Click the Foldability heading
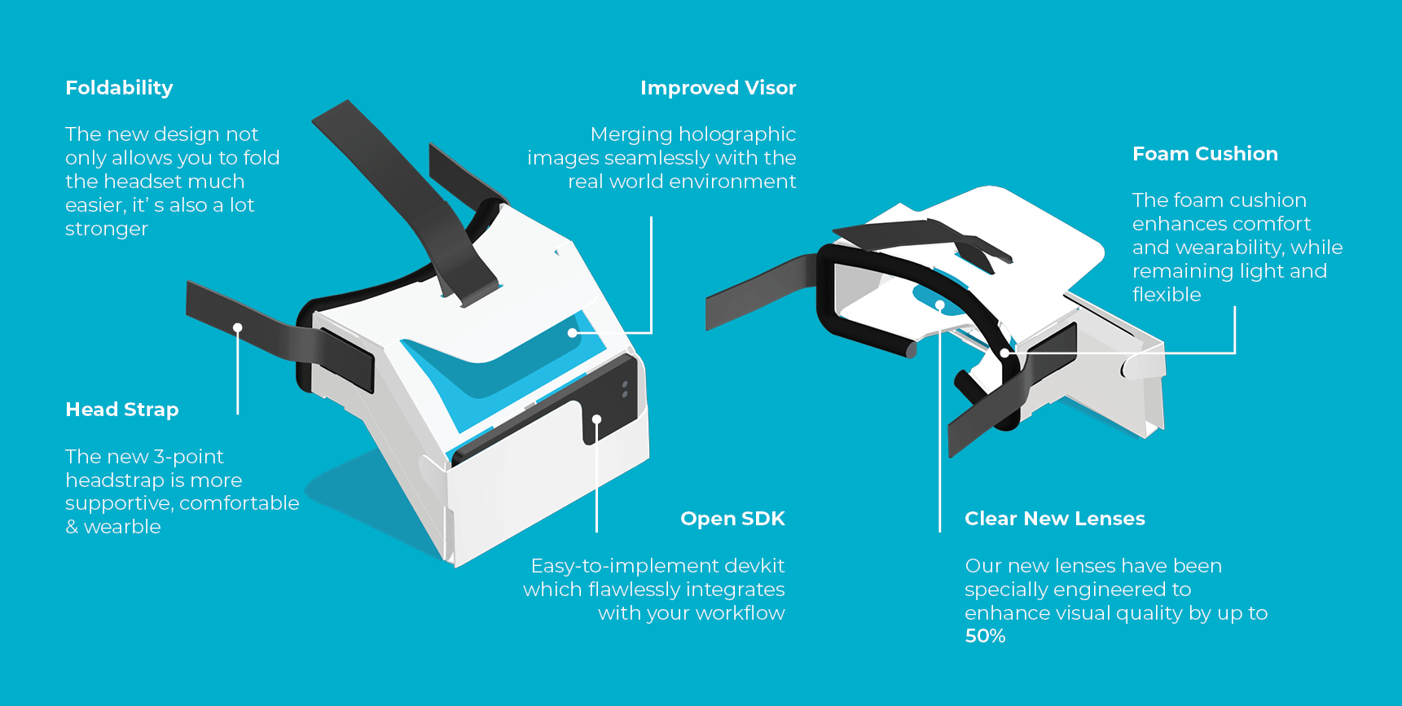pos(119,88)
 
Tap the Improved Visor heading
pos(718,88)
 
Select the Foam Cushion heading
pos(1205,154)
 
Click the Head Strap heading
pos(121,410)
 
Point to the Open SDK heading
pos(732,519)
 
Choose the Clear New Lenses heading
pos(1055,519)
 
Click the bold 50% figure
pos(985,636)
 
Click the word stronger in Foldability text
pos(107,230)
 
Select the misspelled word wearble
pos(122,527)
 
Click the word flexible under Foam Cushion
pos(1167,295)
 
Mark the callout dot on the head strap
pos(238,328)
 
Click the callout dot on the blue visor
pos(573,333)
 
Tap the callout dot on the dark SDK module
pos(596,419)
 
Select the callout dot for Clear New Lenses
pos(939,306)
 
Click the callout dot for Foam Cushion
pos(1005,353)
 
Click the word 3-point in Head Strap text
pos(188,458)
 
